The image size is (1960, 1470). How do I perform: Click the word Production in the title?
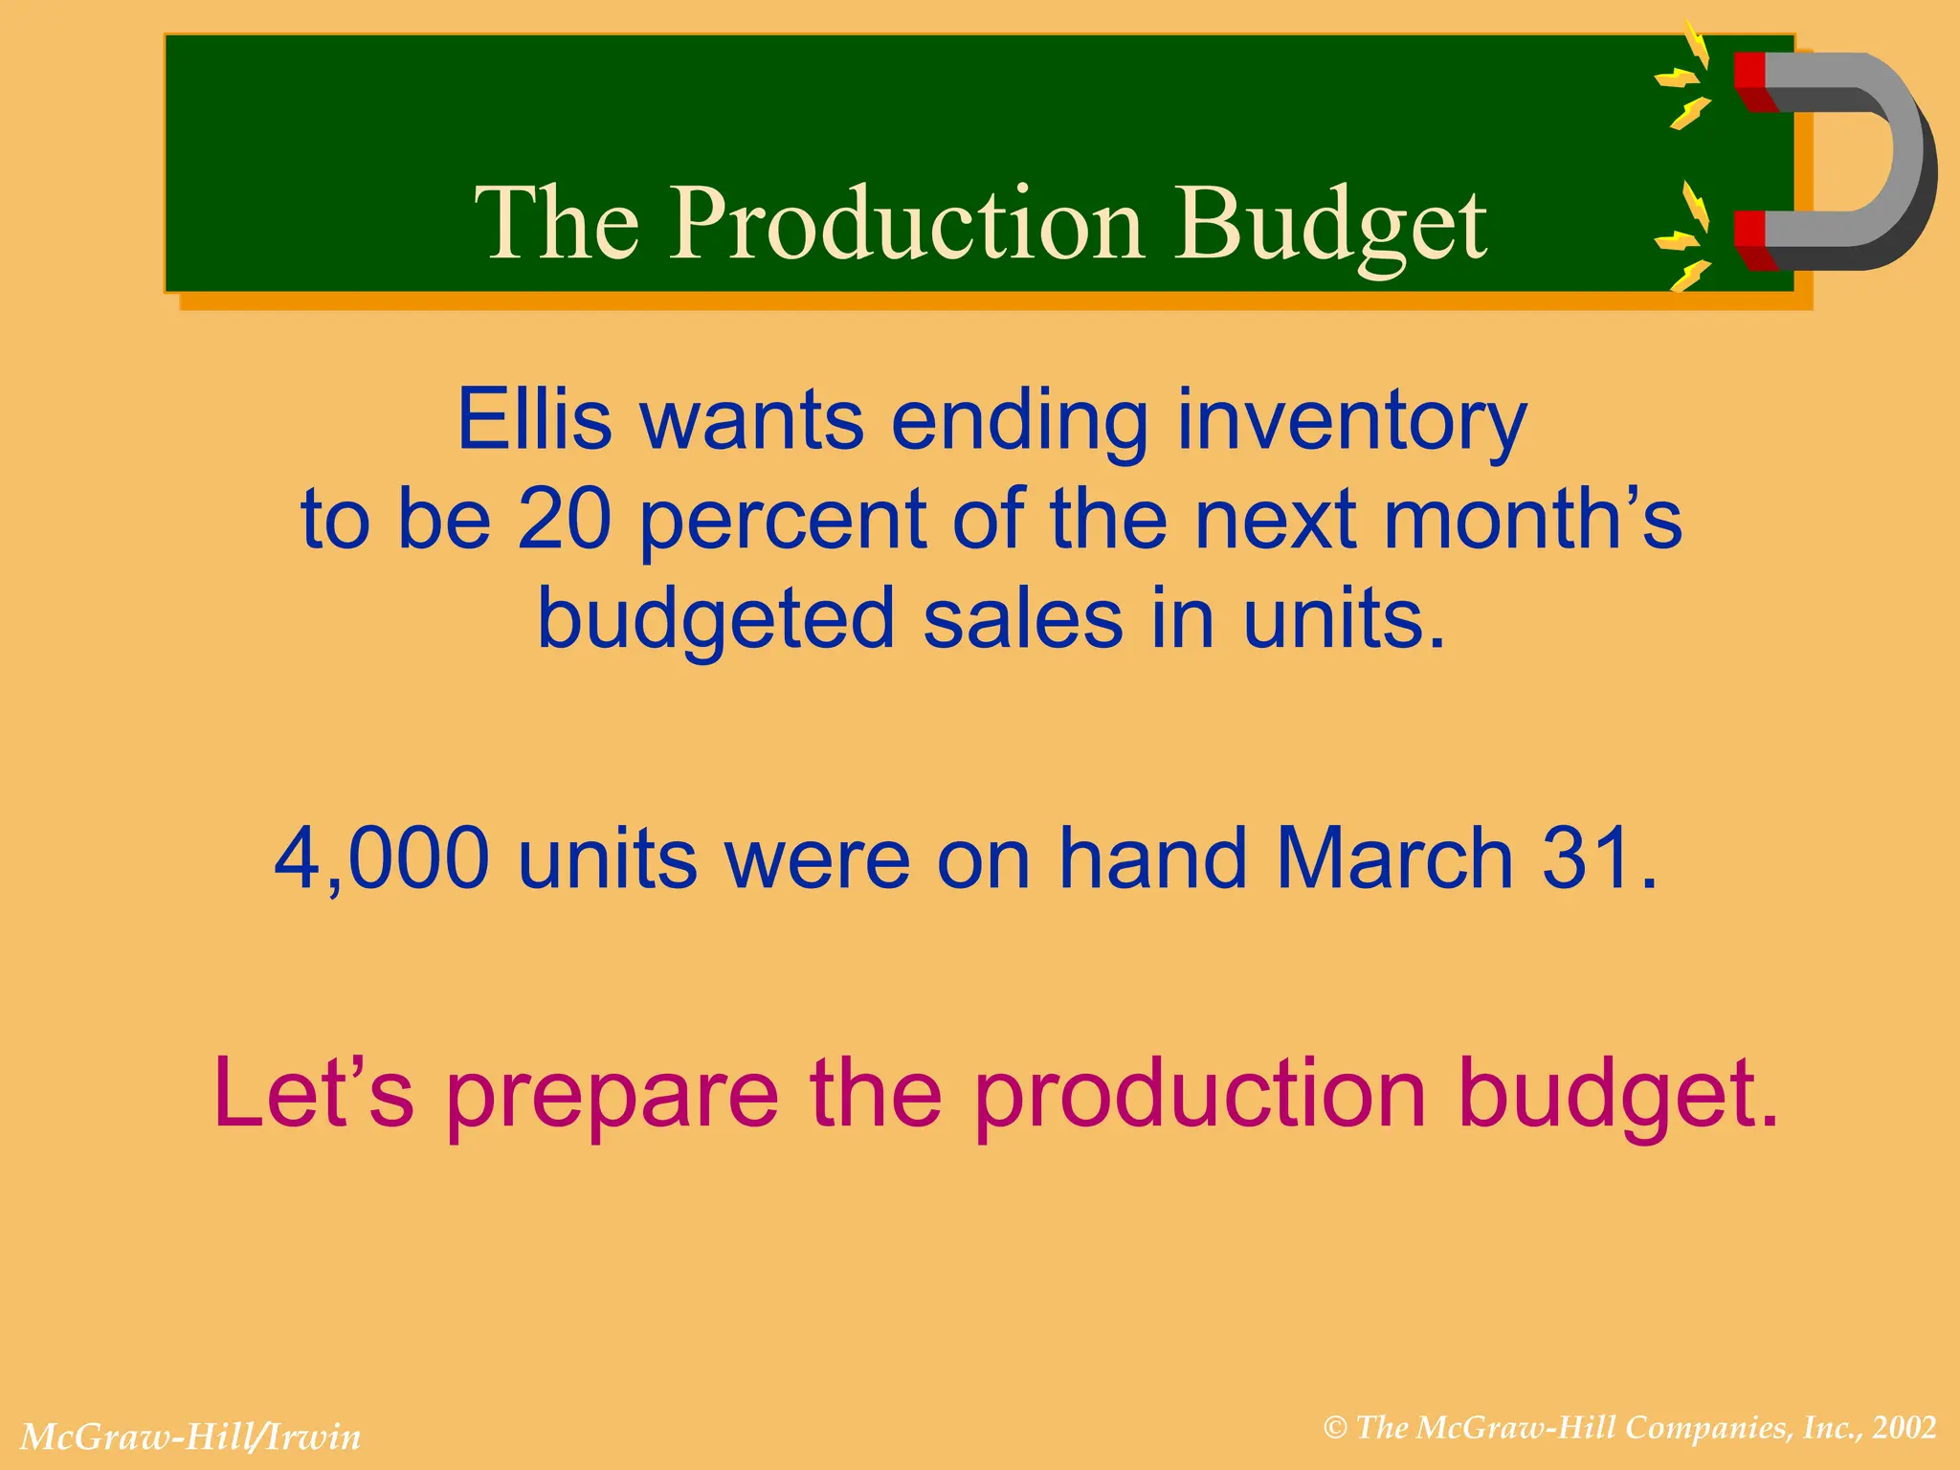coord(905,223)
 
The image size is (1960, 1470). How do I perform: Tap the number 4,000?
coord(381,857)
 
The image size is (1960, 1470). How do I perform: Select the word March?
coord(1393,857)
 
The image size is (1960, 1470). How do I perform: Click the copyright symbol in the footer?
coord(1335,1429)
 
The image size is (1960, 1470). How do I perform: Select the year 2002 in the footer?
coord(1904,1429)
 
